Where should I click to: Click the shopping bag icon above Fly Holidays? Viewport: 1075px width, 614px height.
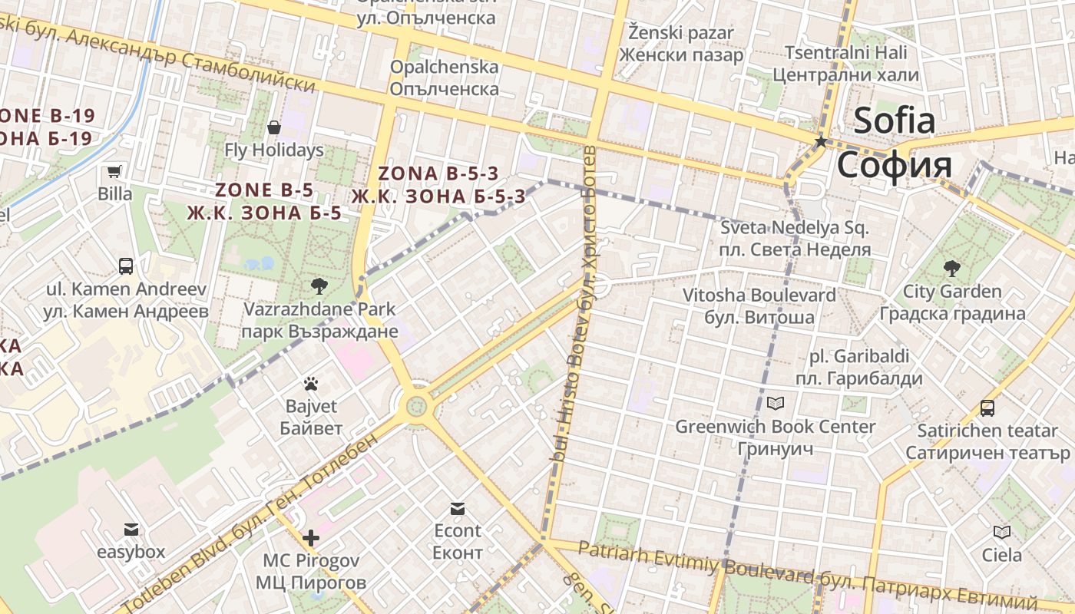[274, 127]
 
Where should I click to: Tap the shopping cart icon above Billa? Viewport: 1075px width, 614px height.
[114, 171]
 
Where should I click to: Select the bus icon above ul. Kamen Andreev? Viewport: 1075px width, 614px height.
[126, 266]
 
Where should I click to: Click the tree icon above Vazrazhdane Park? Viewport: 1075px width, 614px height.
[319, 286]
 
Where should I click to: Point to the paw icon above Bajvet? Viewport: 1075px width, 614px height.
[311, 383]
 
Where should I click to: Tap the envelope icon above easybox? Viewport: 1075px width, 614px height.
[131, 530]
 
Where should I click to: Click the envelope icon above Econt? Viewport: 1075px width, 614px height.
[458, 508]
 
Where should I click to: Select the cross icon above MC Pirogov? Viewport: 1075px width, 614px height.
[310, 538]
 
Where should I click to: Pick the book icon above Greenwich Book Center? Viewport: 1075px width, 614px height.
[776, 404]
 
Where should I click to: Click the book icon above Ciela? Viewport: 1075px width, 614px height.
[1001, 532]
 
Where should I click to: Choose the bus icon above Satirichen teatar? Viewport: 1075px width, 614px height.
[987, 408]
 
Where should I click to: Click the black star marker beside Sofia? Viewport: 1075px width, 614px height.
[821, 142]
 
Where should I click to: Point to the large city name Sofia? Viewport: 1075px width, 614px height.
[895, 120]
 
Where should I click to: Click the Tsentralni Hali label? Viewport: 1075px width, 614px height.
[845, 53]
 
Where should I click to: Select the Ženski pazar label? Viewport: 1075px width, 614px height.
[681, 33]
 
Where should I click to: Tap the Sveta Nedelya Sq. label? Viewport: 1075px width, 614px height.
[795, 228]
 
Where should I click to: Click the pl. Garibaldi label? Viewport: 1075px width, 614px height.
[859, 357]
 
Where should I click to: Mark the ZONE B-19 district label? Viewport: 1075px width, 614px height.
[48, 117]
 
